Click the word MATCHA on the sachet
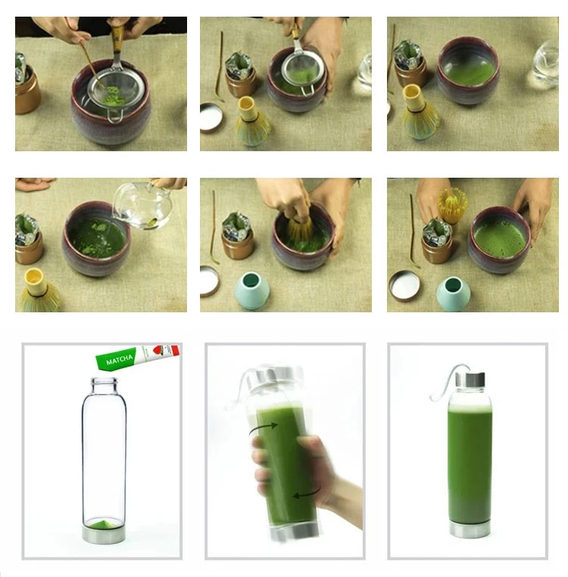click(119, 360)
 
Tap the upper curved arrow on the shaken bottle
click(264, 428)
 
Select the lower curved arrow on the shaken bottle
click(307, 493)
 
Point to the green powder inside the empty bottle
click(104, 524)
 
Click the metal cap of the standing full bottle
click(470, 380)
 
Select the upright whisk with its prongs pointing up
click(453, 206)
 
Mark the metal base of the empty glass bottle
click(104, 535)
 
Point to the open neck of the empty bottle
click(105, 382)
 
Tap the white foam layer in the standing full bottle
click(470, 408)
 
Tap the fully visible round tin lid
click(404, 286)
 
